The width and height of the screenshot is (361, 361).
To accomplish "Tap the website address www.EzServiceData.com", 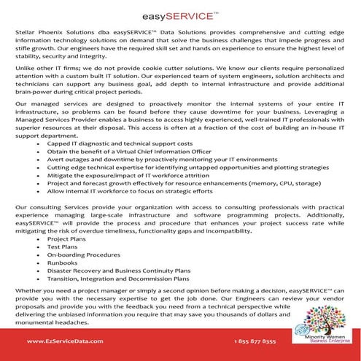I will (x=58, y=341).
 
